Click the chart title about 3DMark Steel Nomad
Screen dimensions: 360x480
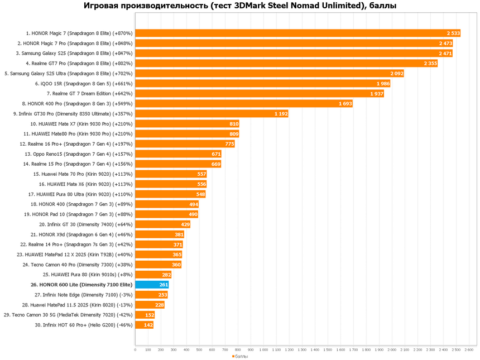pos(241,6)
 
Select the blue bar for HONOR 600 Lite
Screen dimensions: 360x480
pos(147,285)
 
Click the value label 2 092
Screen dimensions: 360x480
pos(396,73)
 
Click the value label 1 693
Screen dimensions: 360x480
pos(345,103)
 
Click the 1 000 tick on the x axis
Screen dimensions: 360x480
pos(263,350)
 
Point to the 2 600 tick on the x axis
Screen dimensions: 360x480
pos(469,350)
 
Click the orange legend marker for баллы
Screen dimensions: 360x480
pos(233,356)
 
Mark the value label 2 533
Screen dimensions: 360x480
pos(453,33)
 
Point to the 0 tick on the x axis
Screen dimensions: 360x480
pos(135,350)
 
